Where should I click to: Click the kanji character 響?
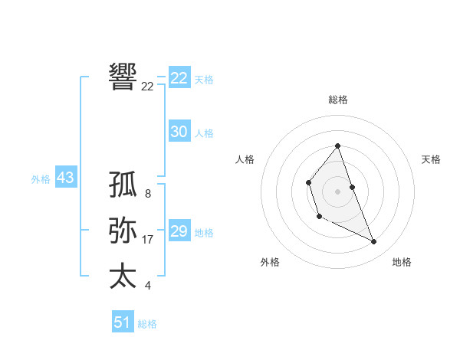(x=123, y=76)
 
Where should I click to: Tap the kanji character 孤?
(x=123, y=185)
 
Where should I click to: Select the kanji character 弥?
(x=123, y=231)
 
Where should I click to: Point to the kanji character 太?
(x=123, y=276)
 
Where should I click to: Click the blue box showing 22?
(x=179, y=78)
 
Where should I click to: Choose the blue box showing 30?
(x=179, y=132)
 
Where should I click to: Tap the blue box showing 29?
(x=179, y=231)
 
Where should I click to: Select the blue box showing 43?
(x=65, y=178)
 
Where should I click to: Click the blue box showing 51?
(x=122, y=322)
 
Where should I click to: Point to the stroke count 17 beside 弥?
(x=148, y=240)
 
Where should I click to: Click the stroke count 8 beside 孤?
(x=147, y=195)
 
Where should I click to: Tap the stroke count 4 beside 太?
(x=147, y=286)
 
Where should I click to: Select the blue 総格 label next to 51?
(x=147, y=324)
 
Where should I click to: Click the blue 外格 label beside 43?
(x=41, y=179)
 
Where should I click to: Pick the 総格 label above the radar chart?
(x=338, y=100)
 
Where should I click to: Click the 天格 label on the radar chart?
(x=431, y=159)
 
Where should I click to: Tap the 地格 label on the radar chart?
(x=402, y=262)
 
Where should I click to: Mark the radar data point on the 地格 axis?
(x=374, y=241)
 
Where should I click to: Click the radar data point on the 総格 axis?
(x=338, y=146)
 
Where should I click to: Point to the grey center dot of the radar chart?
(x=338, y=191)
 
